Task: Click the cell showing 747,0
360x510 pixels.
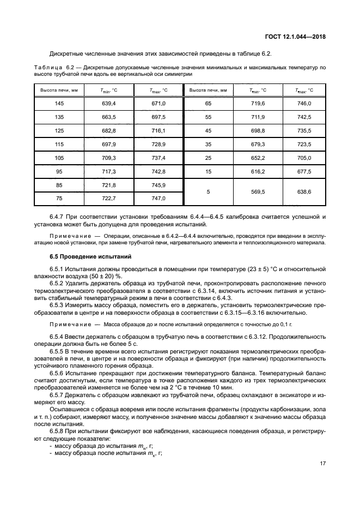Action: coord(158,199)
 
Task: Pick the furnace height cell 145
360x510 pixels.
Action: coord(59,103)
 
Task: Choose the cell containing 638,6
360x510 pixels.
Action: coord(303,192)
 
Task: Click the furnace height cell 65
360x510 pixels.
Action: coord(208,103)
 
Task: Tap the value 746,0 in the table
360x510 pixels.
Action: coord(303,103)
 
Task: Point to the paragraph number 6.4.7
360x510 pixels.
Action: coord(58,217)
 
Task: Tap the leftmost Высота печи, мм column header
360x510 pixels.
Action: coord(59,89)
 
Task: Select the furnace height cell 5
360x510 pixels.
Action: coord(208,192)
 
